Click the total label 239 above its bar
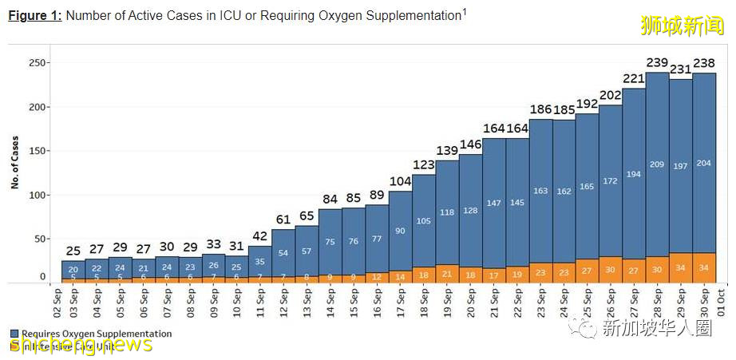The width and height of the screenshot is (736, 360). click(657, 63)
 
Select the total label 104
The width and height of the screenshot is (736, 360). click(400, 181)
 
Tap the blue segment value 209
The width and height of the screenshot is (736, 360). click(657, 164)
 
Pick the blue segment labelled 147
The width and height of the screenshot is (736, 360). click(493, 203)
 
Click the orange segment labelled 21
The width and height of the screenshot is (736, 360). click(446, 274)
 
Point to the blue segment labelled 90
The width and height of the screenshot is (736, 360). click(400, 231)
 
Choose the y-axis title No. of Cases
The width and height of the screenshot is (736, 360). click(15, 161)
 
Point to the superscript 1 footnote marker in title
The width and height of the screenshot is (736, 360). click(465, 11)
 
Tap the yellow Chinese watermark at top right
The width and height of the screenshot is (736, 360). click(681, 25)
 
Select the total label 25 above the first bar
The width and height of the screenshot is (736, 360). click(73, 251)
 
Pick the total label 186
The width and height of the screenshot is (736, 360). click(540, 109)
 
